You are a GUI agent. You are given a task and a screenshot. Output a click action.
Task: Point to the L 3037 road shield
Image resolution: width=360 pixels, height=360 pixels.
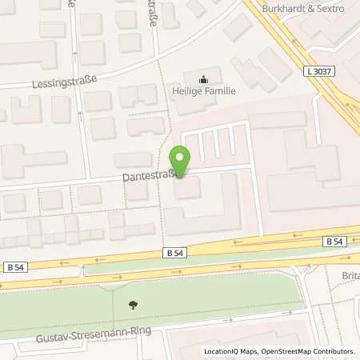tap(318, 71)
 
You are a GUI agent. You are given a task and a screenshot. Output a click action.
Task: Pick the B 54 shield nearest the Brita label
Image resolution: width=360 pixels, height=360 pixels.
tap(334, 241)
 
